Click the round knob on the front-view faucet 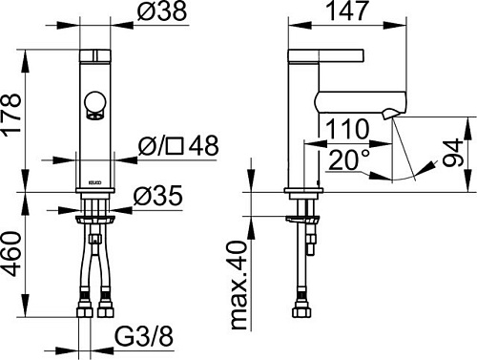94,103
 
